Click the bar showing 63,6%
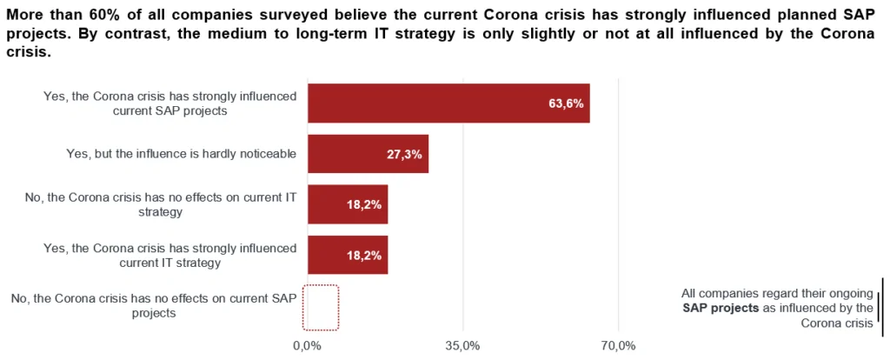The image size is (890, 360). coord(448,103)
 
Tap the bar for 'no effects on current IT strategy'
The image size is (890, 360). coord(348,205)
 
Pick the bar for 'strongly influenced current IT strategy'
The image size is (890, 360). coord(348,256)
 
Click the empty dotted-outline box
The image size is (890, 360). coord(321,307)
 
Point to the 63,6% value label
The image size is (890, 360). coord(565,103)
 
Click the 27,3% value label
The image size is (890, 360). coord(404,154)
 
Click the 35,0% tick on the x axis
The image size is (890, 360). coord(462,346)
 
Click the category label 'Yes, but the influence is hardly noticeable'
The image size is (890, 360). coord(182,154)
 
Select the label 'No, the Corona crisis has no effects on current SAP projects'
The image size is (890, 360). coord(154,306)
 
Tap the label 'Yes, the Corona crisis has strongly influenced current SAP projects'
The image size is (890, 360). coord(170,103)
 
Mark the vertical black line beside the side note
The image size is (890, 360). coord(880,307)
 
